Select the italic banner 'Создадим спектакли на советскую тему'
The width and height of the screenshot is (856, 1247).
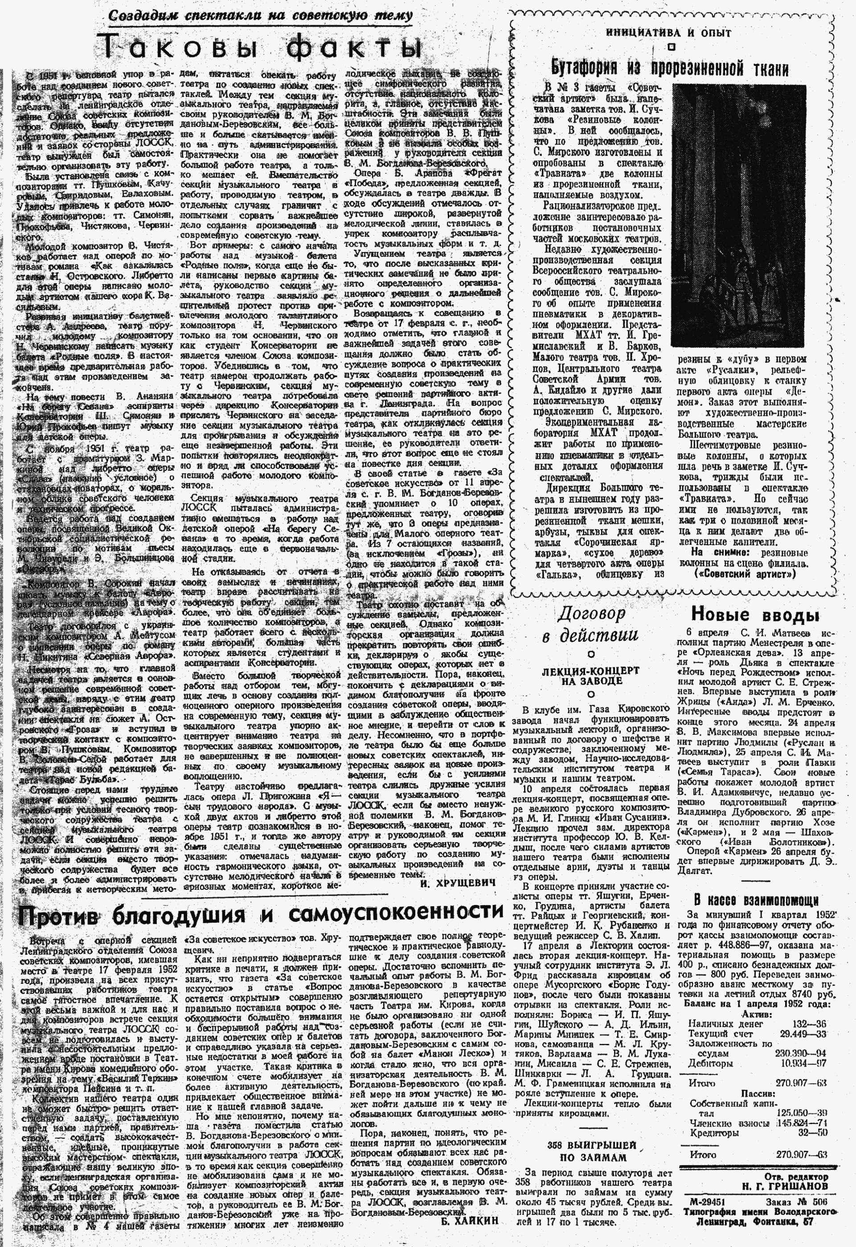pyautogui.click(x=260, y=16)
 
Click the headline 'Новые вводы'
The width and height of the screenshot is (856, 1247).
pyautogui.click(x=754, y=614)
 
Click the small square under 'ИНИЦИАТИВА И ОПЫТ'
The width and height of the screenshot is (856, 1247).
pyautogui.click(x=670, y=47)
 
